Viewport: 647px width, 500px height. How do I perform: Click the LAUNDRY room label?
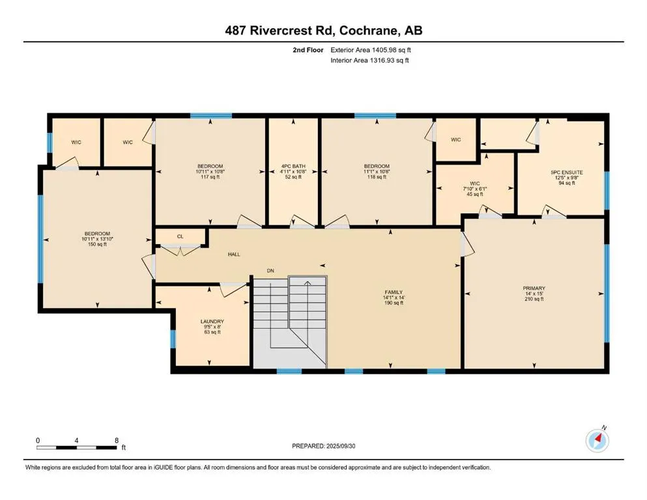[212, 322]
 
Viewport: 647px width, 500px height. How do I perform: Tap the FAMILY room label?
[394, 292]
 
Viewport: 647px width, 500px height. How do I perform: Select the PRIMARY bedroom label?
[534, 288]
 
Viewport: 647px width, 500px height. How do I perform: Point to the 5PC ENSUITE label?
[567, 173]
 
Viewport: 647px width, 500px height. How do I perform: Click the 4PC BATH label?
[293, 166]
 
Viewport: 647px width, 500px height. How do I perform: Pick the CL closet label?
[180, 236]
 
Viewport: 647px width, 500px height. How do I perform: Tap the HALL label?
[234, 255]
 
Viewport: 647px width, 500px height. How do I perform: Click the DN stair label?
[270, 271]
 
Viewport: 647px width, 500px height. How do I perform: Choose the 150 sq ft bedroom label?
[97, 244]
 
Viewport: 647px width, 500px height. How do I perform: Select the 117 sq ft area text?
[210, 177]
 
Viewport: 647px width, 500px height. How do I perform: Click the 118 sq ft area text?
[377, 177]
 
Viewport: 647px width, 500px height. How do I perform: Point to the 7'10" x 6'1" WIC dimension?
[475, 189]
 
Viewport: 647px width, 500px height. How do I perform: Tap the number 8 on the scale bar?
[117, 440]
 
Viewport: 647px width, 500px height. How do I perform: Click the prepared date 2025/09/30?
[340, 446]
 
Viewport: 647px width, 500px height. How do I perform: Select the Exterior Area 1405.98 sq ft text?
[371, 50]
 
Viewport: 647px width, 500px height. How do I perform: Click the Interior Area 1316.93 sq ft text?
[369, 60]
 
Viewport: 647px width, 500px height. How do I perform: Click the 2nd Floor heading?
[308, 50]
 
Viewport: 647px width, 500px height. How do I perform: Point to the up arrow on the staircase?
[308, 283]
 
